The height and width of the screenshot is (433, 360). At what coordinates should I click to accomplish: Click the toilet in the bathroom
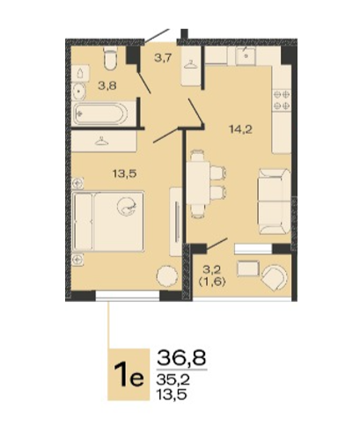[x=110, y=58]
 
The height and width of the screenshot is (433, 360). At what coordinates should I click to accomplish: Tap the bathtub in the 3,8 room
[x=101, y=113]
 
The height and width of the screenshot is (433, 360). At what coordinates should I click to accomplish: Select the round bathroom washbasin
[x=78, y=91]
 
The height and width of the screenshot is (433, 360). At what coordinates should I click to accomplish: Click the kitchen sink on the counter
[x=246, y=55]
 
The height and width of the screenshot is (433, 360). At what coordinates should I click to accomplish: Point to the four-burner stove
[x=282, y=100]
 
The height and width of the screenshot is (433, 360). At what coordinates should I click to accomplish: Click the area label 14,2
[x=240, y=129]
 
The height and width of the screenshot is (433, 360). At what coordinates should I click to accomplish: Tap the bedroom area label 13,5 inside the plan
[x=125, y=174]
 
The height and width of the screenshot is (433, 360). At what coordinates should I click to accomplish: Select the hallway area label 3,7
[x=163, y=58]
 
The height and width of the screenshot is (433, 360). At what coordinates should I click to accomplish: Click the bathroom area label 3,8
[x=107, y=86]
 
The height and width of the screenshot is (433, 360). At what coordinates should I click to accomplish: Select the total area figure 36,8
[x=181, y=357]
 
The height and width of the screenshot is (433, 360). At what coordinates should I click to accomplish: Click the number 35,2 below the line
[x=173, y=380]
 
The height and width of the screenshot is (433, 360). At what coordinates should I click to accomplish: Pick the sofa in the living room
[x=274, y=202]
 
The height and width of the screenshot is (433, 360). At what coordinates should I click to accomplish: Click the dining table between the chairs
[x=198, y=183]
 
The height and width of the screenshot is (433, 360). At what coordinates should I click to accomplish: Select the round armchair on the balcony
[x=274, y=277]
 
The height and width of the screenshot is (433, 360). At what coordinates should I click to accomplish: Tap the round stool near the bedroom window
[x=167, y=276]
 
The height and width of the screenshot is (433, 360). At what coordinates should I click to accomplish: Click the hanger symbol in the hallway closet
[x=191, y=64]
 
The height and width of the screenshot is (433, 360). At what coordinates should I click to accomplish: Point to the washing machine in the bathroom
[x=81, y=73]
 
